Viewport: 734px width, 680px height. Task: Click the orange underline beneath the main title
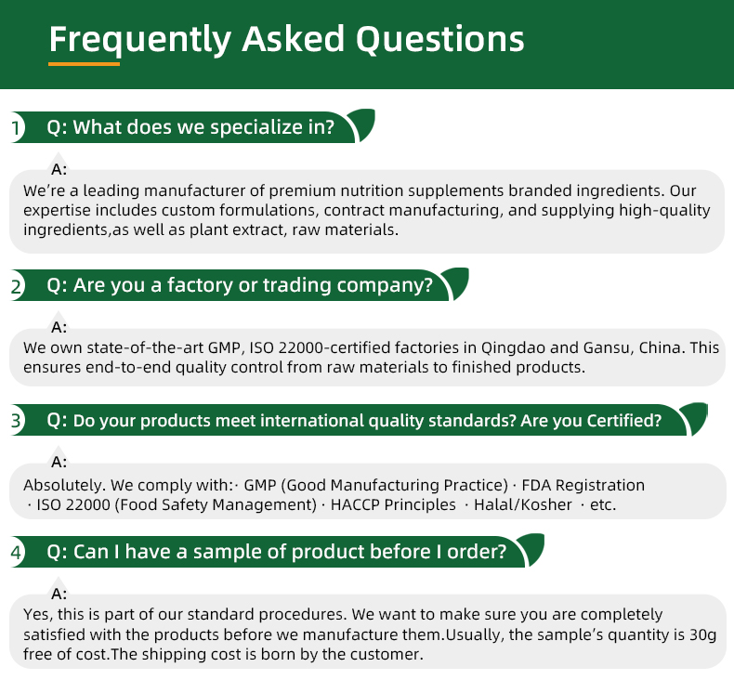pos(84,64)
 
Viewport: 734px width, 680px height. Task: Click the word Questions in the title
pos(440,39)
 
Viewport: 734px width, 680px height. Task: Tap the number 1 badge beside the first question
pos(16,127)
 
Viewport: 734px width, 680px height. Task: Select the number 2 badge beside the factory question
pos(16,286)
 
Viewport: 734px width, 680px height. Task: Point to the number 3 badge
pos(16,420)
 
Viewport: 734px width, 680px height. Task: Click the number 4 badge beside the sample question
pos(16,552)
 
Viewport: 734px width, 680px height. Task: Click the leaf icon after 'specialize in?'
pos(363,124)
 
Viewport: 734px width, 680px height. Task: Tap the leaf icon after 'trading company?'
pos(457,282)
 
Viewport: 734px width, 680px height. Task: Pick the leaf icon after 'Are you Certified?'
pos(696,417)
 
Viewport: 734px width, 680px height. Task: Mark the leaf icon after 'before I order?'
pos(532,548)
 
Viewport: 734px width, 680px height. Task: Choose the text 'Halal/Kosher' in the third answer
pos(523,504)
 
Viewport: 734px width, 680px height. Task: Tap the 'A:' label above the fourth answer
pos(59,594)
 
